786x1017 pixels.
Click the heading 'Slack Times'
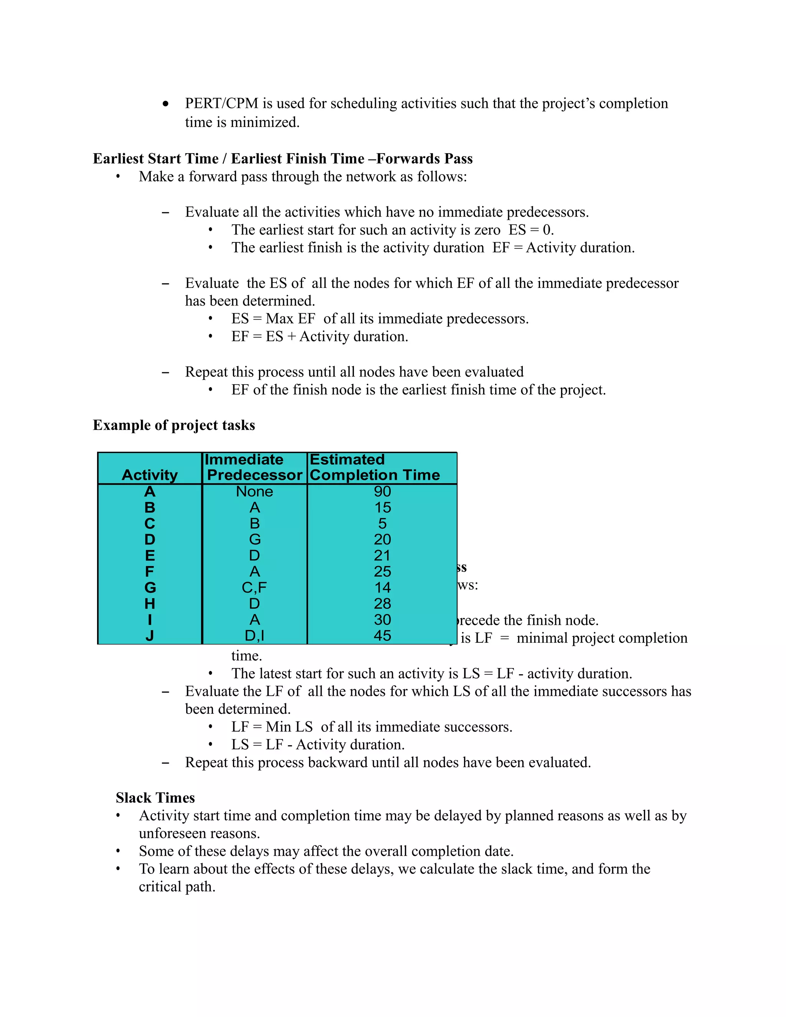pos(155,798)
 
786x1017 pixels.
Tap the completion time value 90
pos(382,491)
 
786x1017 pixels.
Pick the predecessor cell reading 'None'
pos(254,491)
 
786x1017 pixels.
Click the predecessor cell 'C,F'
pos(254,588)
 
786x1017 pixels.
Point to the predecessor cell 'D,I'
pos(254,636)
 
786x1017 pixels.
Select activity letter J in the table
pos(149,636)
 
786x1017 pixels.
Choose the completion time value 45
pos(382,636)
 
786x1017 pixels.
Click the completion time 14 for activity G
pos(382,588)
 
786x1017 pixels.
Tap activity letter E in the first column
pos(149,556)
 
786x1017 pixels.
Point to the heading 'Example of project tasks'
pos(174,425)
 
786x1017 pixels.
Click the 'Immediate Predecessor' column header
pos(254,467)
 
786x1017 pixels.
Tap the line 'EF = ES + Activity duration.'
pos(319,336)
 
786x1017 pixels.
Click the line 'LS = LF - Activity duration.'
pos(317,745)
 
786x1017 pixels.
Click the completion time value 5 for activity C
pos(382,523)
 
